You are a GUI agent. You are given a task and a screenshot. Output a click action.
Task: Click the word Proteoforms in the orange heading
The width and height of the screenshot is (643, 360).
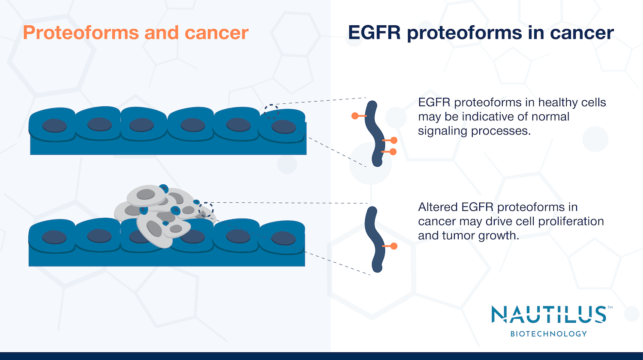pyautogui.click(x=81, y=33)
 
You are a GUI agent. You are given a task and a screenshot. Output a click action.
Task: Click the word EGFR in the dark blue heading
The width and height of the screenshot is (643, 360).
pyautogui.click(x=374, y=33)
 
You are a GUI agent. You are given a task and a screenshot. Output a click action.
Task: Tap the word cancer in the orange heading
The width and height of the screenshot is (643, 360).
pyautogui.click(x=216, y=33)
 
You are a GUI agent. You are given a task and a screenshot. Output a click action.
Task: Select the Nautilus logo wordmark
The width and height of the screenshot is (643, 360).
pyautogui.click(x=549, y=315)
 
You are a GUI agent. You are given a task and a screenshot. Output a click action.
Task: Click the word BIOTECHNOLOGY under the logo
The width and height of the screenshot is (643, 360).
pyautogui.click(x=549, y=333)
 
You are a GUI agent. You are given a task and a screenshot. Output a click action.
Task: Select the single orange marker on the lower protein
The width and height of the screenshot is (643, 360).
pyautogui.click(x=394, y=246)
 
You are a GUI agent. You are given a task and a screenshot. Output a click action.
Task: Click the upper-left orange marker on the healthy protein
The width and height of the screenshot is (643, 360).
pyautogui.click(x=355, y=116)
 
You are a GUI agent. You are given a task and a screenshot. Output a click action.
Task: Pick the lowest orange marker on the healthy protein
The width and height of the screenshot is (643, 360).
pyautogui.click(x=393, y=152)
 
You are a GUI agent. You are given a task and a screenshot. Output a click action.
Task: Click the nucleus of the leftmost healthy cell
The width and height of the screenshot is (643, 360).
pyautogui.click(x=54, y=126)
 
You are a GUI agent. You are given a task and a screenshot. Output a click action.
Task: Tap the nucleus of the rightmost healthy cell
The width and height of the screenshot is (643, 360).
pyautogui.click(x=284, y=127)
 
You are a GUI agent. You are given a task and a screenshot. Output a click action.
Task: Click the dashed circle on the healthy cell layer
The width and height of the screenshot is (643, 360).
pyautogui.click(x=271, y=111)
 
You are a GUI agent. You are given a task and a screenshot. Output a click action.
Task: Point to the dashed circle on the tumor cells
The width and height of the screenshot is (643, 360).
pyautogui.click(x=206, y=210)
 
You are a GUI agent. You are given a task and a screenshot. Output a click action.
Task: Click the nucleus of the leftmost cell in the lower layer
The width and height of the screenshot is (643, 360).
pyautogui.click(x=54, y=237)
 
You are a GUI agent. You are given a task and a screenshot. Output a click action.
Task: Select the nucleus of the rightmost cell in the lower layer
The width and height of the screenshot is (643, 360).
pyautogui.click(x=283, y=238)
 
